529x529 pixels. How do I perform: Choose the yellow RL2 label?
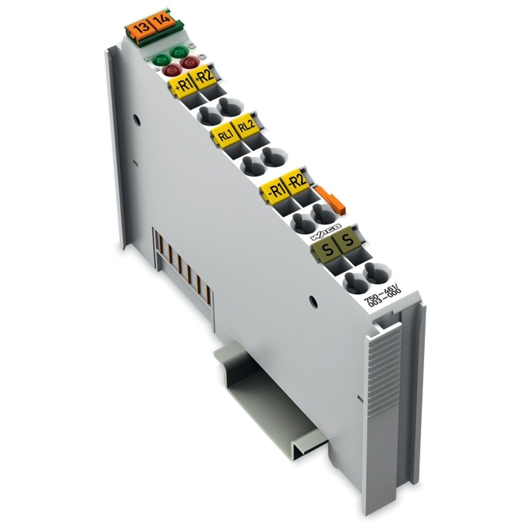[x=245, y=127]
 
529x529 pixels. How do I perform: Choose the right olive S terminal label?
[x=348, y=241]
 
